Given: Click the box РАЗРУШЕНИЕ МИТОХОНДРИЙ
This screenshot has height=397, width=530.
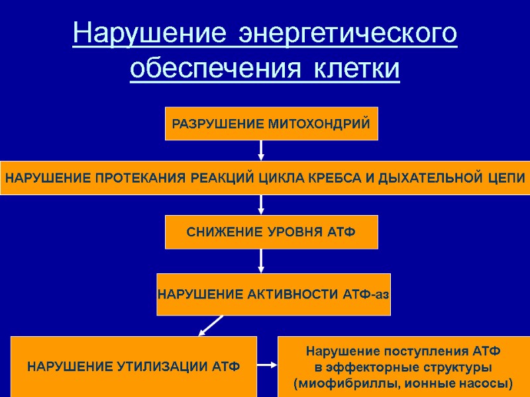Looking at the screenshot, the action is pyautogui.click(x=271, y=124).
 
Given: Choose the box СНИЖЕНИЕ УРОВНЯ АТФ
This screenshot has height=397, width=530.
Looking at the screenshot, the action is pyautogui.click(x=271, y=232).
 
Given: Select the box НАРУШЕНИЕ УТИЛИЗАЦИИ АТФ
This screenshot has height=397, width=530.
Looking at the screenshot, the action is pyautogui.click(x=133, y=366).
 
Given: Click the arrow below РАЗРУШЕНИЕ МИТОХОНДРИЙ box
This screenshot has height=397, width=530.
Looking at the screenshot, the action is pyautogui.click(x=261, y=150).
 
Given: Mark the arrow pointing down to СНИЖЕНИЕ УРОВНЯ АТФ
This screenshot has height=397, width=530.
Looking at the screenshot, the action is pyautogui.click(x=261, y=204).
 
